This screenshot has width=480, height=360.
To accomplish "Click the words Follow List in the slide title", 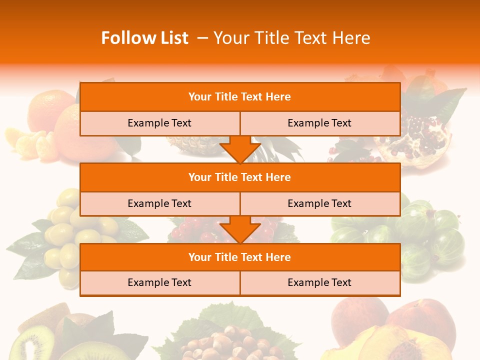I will [144, 38].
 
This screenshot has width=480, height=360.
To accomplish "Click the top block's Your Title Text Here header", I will [239, 97].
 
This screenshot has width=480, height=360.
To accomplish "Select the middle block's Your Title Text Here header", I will [239, 177].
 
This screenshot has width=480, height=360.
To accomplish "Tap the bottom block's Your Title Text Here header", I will [239, 257].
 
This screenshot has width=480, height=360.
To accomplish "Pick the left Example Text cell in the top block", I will [159, 123].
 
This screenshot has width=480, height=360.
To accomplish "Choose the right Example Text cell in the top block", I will [319, 123].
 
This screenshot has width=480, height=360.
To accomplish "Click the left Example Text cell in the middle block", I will [159, 203].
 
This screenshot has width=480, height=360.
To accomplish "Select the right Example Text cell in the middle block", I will [319, 203].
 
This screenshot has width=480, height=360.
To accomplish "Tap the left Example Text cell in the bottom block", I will [159, 282].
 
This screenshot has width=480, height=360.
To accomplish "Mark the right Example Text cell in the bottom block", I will [319, 282].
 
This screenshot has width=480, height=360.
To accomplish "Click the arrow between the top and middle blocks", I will [240, 149].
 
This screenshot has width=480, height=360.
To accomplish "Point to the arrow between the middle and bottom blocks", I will [240, 229].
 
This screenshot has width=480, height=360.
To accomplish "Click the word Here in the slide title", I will [353, 38].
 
